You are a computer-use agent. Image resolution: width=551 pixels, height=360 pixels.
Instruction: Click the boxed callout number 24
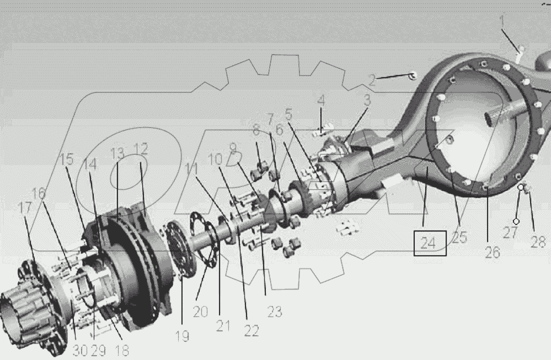click(x=430, y=243)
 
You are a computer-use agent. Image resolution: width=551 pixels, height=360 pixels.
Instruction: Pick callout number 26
click(x=492, y=252)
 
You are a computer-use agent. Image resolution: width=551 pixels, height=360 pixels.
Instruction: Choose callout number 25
click(x=459, y=237)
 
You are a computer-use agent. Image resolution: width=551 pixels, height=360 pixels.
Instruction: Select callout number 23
click(x=274, y=311)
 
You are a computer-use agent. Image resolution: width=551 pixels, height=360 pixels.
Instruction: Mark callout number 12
click(x=141, y=149)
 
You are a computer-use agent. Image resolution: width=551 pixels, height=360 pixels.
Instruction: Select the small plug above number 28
click(x=527, y=189)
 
